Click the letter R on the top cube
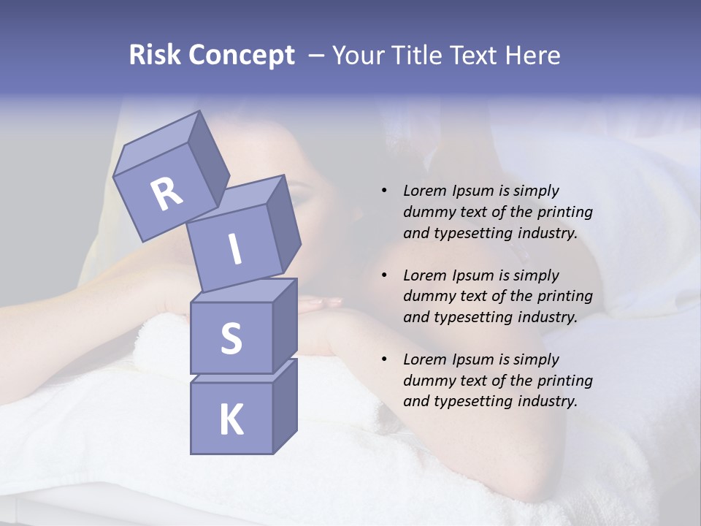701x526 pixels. [166, 194]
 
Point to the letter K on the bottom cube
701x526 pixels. [231, 420]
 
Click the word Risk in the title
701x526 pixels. [154, 56]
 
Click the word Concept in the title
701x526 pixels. [241, 56]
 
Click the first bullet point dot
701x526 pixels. [384, 191]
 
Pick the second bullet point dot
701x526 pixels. [384, 275]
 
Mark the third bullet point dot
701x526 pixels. [384, 359]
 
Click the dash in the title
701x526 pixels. [317, 56]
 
